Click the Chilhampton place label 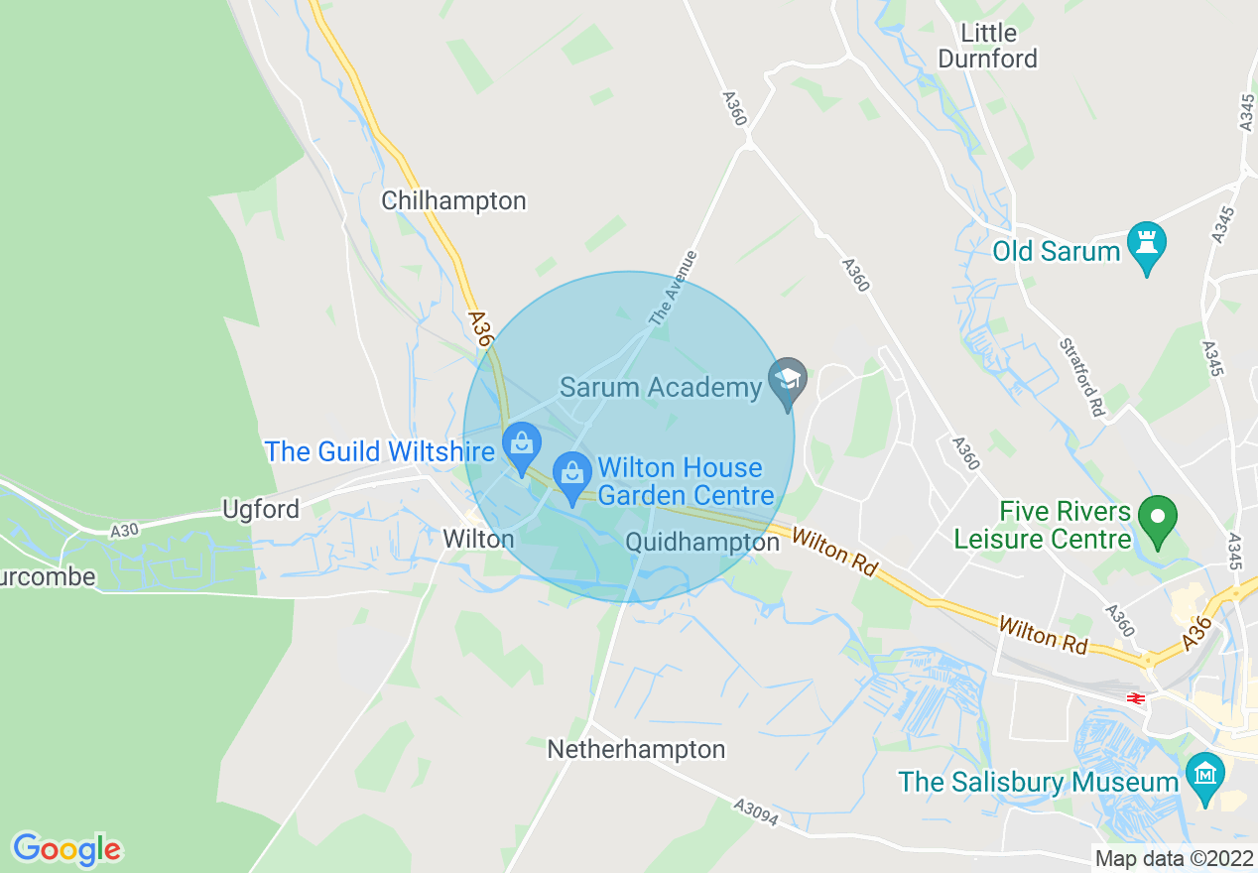click(x=453, y=201)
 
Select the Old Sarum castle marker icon click(x=1147, y=244)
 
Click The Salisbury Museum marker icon click(x=1205, y=773)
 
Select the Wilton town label click(x=478, y=540)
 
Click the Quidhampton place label click(x=702, y=543)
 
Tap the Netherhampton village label click(x=636, y=749)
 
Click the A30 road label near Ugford click(x=124, y=531)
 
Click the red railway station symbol click(x=1136, y=698)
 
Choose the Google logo click(x=66, y=849)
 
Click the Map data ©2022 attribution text click(x=1174, y=858)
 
